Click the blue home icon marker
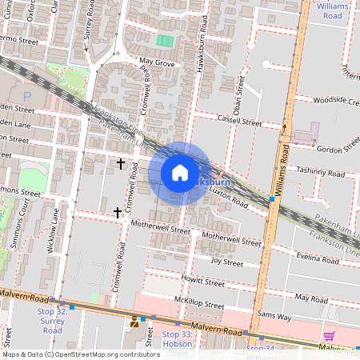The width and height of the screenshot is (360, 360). coord(179,173)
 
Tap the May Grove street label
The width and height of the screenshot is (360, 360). coord(157,61)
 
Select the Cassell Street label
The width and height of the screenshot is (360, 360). coord(240,121)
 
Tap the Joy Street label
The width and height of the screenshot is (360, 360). coord(226,261)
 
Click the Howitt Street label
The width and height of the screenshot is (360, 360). coord(203,282)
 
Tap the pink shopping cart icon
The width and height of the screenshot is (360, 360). coord(329,335)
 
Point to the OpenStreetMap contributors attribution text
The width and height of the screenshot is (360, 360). coord(80,354)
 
